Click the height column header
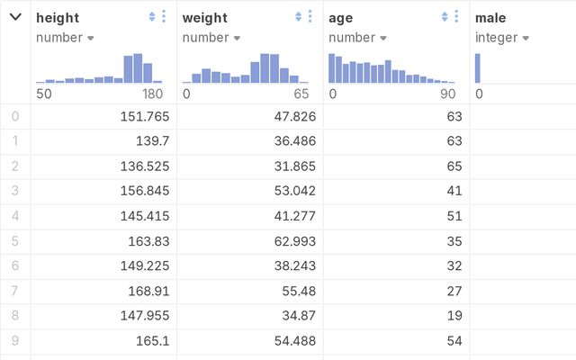tap(58, 17)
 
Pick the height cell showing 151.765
tap(144, 116)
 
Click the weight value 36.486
tap(291, 141)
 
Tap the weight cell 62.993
tap(291, 241)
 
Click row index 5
tap(14, 241)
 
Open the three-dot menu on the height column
tap(163, 17)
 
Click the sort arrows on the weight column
tap(298, 17)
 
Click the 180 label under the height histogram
tap(152, 94)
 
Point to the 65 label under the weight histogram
tap(301, 94)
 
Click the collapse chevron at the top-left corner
tap(15, 17)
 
